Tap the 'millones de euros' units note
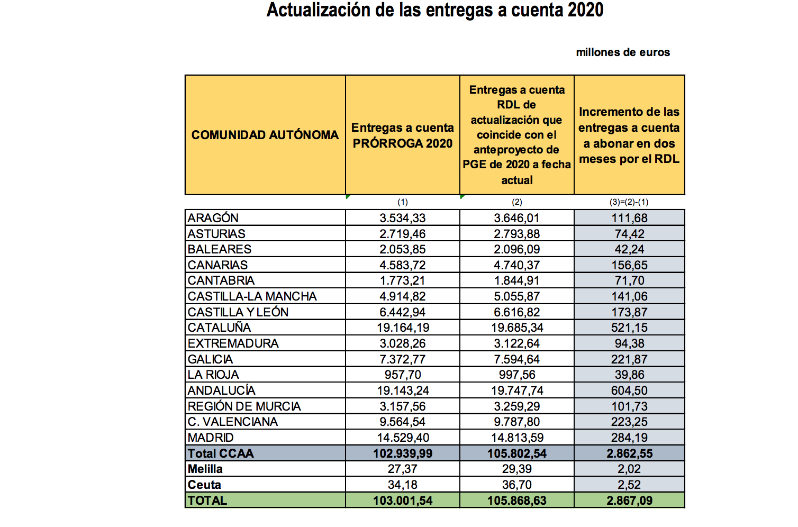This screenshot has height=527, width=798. (623, 52)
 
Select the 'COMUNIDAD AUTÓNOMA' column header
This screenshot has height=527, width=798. (265, 135)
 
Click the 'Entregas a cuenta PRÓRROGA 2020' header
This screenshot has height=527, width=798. (402, 135)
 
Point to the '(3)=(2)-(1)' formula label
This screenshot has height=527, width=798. (629, 202)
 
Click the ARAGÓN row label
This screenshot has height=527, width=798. (213, 218)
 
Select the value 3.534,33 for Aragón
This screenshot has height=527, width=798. (402, 218)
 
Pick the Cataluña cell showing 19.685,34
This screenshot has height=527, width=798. (516, 328)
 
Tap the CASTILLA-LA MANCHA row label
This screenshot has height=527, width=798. (252, 296)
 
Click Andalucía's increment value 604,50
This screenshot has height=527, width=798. (629, 390)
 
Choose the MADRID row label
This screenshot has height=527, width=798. (211, 438)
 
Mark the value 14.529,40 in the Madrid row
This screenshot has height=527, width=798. (402, 438)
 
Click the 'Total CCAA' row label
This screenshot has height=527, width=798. (221, 453)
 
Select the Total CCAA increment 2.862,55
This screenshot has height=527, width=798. (629, 453)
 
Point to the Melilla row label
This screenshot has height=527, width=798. (205, 469)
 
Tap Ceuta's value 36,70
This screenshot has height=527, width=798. (516, 485)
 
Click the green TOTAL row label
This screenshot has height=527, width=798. (207, 501)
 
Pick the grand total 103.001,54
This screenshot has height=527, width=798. (402, 501)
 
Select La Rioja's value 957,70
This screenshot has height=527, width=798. (402, 375)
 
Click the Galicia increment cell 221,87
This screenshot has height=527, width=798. (629, 359)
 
